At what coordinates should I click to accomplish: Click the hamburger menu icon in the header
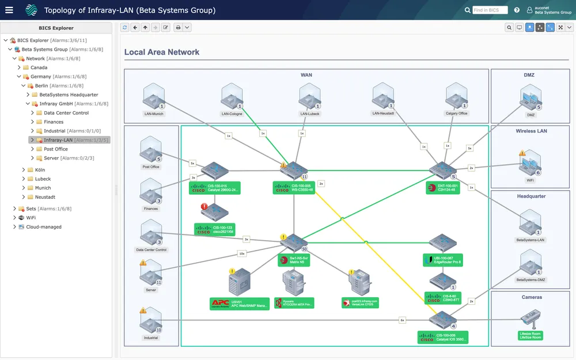[x=9, y=10]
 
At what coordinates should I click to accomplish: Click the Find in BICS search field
[x=490, y=10]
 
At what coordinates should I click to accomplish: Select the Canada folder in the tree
[x=39, y=67]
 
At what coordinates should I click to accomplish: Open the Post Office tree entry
[x=55, y=149]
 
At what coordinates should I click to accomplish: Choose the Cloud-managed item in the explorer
[x=43, y=227]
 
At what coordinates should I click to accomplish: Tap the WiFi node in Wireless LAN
[x=530, y=163]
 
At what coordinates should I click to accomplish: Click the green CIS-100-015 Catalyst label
[x=215, y=188]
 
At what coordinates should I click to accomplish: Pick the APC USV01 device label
[x=240, y=304]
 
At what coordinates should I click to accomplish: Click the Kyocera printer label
[x=294, y=302]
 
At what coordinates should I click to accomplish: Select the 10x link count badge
[x=242, y=253]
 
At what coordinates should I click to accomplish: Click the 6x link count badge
[x=403, y=320]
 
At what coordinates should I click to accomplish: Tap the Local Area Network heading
[x=162, y=52]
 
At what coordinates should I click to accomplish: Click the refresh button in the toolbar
[x=125, y=27]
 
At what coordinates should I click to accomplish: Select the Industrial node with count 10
[x=151, y=321]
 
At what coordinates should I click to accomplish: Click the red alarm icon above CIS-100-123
[x=204, y=207]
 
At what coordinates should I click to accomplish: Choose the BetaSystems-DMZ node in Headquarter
[x=530, y=265]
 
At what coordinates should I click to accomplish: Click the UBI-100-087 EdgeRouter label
[x=443, y=260]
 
